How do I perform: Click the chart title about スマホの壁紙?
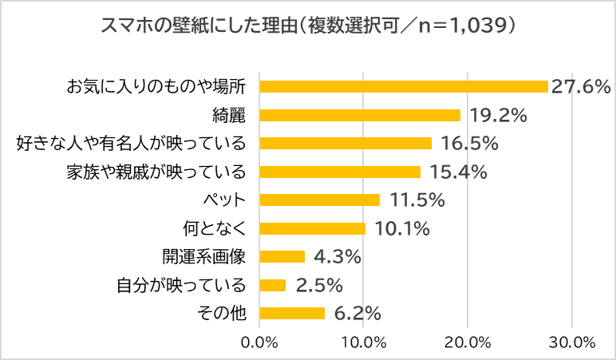307,26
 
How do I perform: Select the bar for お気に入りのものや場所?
404,86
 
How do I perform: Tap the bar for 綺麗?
360,115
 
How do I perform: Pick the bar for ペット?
320,200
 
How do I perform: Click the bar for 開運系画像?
282,256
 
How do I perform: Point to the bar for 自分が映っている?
273,285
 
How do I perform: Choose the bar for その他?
292,313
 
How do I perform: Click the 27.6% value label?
581,86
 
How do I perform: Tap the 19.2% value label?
498,115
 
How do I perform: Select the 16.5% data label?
469,144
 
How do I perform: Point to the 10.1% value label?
402,228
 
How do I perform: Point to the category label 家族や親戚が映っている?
156,172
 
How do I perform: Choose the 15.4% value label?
458,172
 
